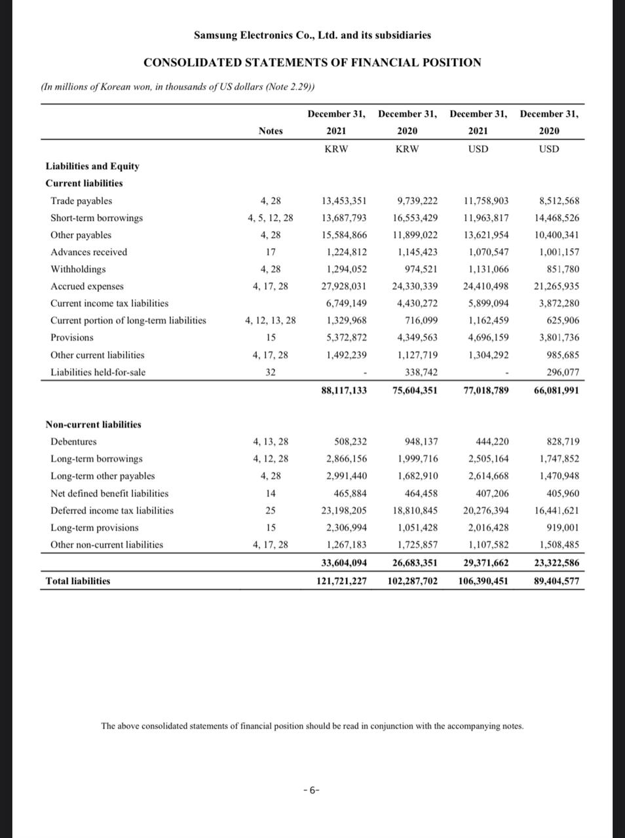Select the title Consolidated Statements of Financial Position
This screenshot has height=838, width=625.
point(312,63)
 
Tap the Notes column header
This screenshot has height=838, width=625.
point(271,131)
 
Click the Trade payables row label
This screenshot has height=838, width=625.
point(81,201)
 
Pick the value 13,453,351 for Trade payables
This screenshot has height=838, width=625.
point(344,201)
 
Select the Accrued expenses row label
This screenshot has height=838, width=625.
point(87,286)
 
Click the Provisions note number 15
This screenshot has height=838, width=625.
point(271,338)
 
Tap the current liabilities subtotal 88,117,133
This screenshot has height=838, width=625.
point(344,390)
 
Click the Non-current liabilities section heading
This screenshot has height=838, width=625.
point(93,425)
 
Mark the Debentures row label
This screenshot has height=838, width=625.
point(73,442)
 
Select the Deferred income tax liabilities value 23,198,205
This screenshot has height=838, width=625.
point(344,511)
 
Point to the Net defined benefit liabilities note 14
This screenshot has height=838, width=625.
point(271,494)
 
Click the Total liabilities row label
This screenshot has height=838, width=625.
point(78,581)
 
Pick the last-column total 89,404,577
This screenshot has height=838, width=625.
point(556,581)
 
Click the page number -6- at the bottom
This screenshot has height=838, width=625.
point(312,790)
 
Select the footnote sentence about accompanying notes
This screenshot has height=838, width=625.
point(312,726)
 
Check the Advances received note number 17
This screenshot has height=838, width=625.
point(271,252)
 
